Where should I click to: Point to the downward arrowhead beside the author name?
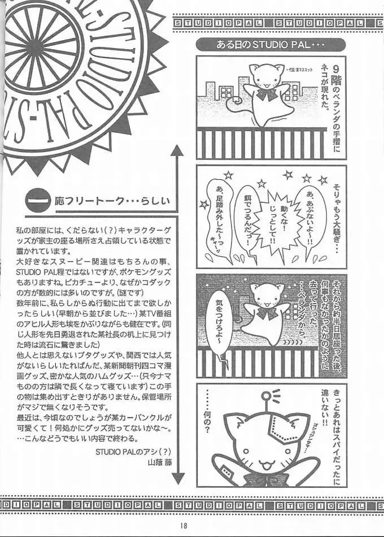tap(177, 478)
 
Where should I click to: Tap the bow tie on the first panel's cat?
tap(267, 93)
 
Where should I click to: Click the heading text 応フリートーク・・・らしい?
tap(113, 201)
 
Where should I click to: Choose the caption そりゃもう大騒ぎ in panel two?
tap(337, 218)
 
